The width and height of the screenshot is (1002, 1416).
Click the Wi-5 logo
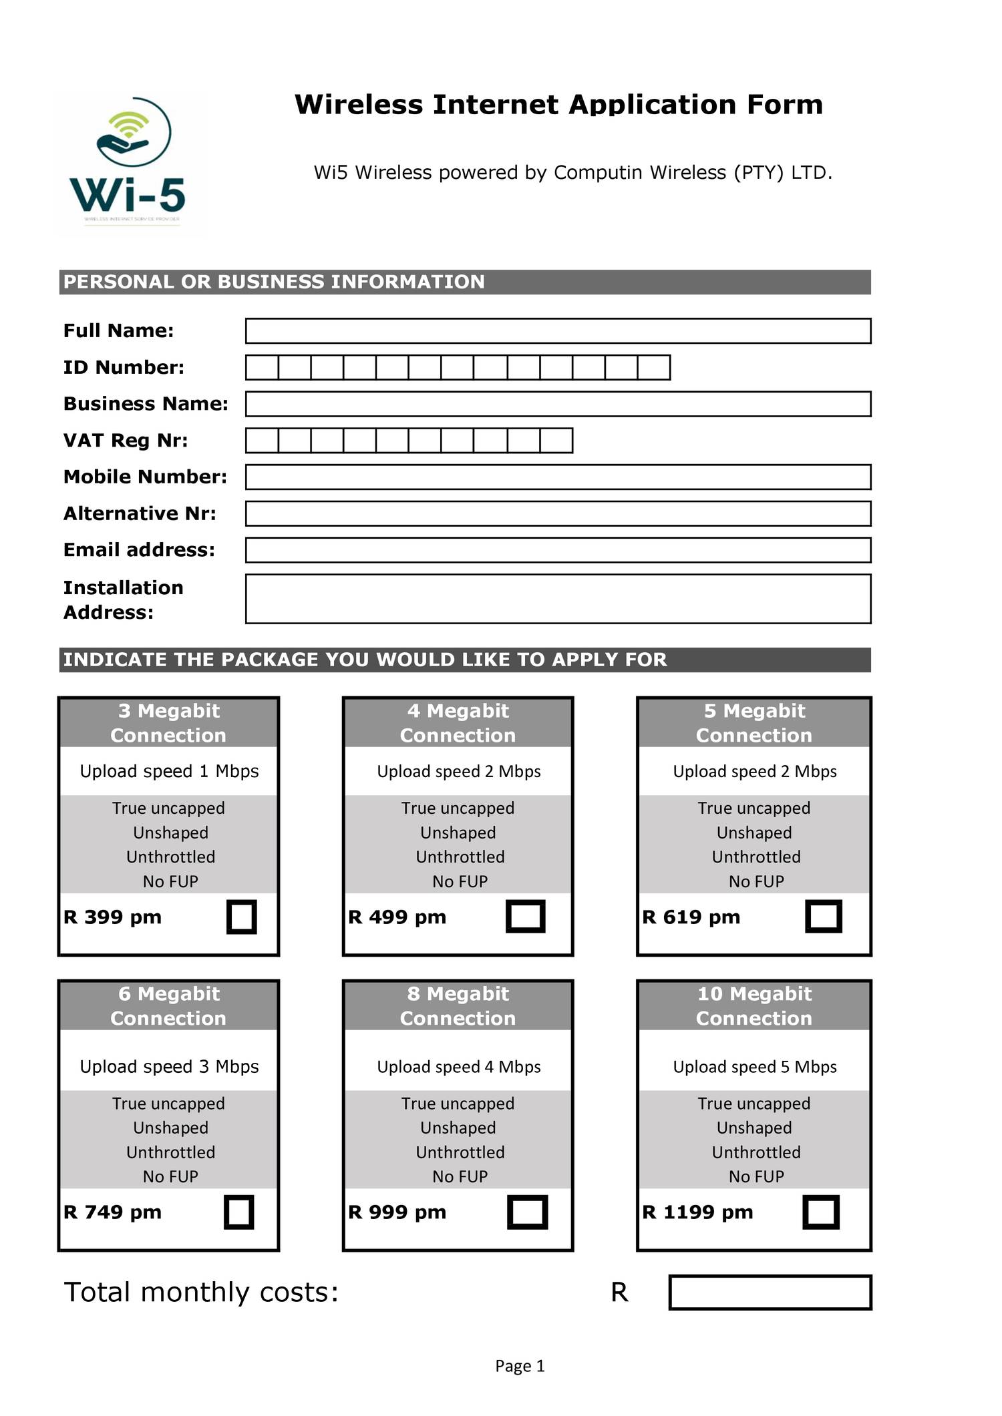pyautogui.click(x=130, y=164)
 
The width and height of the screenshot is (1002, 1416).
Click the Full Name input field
pyautogui.click(x=558, y=331)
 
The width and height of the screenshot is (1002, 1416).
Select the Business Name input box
pyautogui.click(x=558, y=404)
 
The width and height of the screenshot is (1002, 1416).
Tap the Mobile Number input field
pyautogui.click(x=558, y=477)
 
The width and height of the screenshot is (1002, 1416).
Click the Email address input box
pyautogui.click(x=558, y=550)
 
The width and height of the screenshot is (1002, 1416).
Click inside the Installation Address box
pyautogui.click(x=558, y=599)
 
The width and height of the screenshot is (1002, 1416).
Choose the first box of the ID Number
pyautogui.click(x=262, y=368)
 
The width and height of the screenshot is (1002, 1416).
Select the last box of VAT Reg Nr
pyautogui.click(x=556, y=441)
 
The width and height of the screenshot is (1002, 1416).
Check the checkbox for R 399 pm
pyautogui.click(x=242, y=917)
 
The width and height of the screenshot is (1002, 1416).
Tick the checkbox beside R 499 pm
pyautogui.click(x=526, y=917)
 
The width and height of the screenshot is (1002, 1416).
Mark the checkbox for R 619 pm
pyautogui.click(x=823, y=917)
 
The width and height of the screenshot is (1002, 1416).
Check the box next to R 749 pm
pyautogui.click(x=239, y=1212)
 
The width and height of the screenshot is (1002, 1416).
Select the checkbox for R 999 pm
pyautogui.click(x=527, y=1212)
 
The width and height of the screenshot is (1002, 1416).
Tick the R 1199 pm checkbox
pyautogui.click(x=820, y=1212)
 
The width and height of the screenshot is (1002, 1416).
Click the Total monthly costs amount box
pyautogui.click(x=770, y=1292)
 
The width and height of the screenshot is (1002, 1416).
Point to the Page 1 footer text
pyautogui.click(x=520, y=1366)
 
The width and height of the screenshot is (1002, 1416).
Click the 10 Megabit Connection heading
pyautogui.click(x=754, y=1005)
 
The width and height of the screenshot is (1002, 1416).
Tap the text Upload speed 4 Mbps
pyautogui.click(x=458, y=1067)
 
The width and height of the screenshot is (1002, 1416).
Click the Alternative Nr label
pyautogui.click(x=140, y=513)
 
